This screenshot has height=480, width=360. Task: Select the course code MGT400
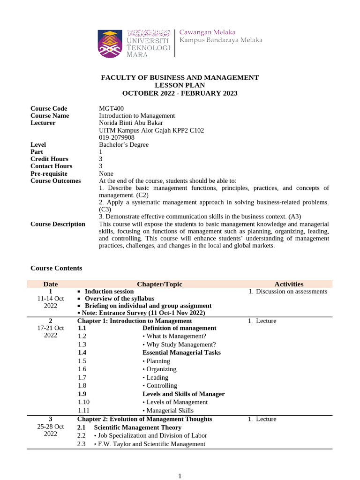point(112,109)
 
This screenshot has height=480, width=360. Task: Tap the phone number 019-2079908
point(117,138)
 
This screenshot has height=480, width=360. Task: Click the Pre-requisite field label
point(49,173)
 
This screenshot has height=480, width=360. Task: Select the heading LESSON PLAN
point(180,85)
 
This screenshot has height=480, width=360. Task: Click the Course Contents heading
point(56,268)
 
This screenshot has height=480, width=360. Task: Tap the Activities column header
point(289,284)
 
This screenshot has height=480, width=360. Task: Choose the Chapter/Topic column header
point(159,284)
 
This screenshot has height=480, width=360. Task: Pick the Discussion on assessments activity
point(292,292)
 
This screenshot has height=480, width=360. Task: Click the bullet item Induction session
point(109,292)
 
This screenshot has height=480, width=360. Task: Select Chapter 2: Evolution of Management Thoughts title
point(144,419)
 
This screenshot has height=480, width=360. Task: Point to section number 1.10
point(84,402)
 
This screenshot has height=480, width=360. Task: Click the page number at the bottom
point(180,476)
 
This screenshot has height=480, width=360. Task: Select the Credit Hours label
point(49,159)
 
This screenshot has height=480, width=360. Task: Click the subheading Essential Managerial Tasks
point(181,352)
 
